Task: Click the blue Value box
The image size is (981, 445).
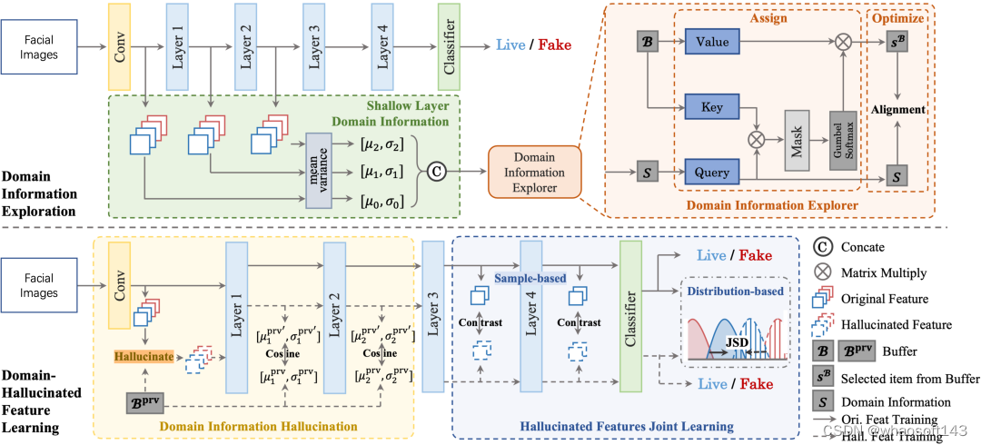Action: [715, 42]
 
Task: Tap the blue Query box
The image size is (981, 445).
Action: [715, 170]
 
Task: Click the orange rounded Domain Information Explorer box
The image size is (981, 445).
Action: [536, 166]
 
